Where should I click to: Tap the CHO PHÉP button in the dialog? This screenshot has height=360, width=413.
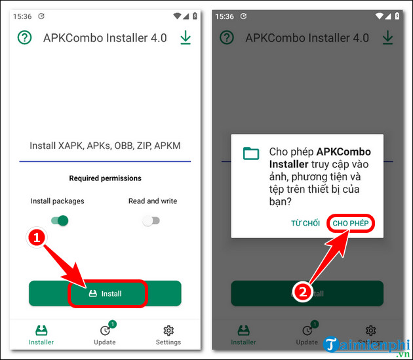[351, 224]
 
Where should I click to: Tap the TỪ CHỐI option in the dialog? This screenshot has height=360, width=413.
[305, 224]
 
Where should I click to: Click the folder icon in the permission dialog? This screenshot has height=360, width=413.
[251, 153]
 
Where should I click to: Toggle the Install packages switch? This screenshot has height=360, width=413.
[60, 221]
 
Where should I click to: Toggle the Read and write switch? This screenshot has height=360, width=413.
[151, 221]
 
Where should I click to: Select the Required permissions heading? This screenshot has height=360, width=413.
[105, 178]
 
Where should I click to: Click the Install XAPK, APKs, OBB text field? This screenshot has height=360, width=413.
[105, 146]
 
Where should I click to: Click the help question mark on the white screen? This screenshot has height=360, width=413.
[24, 37]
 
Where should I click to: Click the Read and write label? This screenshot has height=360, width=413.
[153, 201]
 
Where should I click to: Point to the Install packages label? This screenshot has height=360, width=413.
[57, 201]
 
